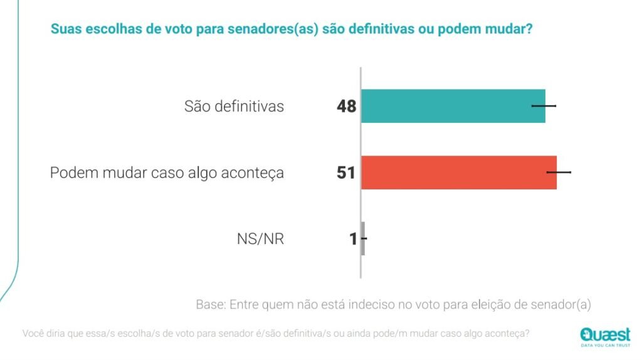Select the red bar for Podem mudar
pyautogui.click(x=458, y=172)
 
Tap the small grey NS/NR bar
pyautogui.click(x=363, y=239)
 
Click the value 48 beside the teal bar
pyautogui.click(x=346, y=107)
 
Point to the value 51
pyautogui.click(x=346, y=173)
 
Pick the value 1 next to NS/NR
pyautogui.click(x=354, y=239)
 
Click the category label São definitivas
pyautogui.click(x=234, y=107)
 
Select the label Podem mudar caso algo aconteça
pyautogui.click(x=167, y=173)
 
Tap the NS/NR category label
pyautogui.click(x=260, y=239)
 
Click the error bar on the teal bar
pyautogui.click(x=544, y=106)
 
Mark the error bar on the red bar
pyautogui.click(x=559, y=172)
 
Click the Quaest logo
pyautogui.click(x=605, y=334)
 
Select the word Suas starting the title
pyautogui.click(x=64, y=29)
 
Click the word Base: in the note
pyautogui.click(x=211, y=305)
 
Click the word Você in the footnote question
pyautogui.click(x=34, y=334)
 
